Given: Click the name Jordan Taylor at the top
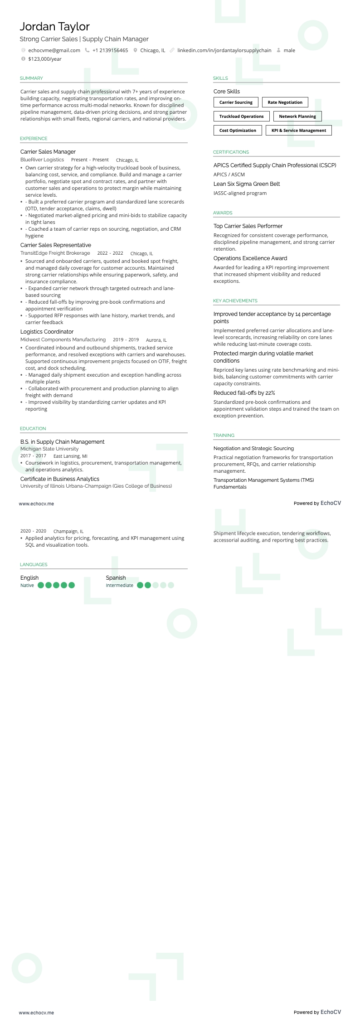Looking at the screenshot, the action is click(x=55, y=27).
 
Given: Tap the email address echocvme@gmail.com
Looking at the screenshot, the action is click(x=54, y=50).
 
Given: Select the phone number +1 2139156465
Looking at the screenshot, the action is click(x=110, y=50).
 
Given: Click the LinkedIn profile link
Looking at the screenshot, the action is click(x=224, y=50).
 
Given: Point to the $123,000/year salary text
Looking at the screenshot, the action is click(x=45, y=59).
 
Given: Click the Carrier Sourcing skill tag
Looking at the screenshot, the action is click(x=236, y=102).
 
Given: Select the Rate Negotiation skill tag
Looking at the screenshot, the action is click(x=285, y=102).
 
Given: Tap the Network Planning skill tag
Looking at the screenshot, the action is click(x=297, y=116).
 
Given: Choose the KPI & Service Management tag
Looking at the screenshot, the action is click(x=298, y=131).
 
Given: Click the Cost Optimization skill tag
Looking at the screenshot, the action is click(x=238, y=131).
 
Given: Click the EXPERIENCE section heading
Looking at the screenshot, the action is click(x=34, y=139).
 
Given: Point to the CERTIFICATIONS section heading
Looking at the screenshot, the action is click(x=231, y=152).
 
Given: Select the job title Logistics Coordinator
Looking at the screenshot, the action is click(x=47, y=332).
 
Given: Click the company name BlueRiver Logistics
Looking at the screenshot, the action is click(x=42, y=160).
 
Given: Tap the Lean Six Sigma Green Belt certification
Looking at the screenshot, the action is click(x=247, y=184).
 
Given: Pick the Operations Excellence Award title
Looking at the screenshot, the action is click(x=250, y=258).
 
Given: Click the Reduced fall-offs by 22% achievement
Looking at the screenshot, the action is click(x=244, y=393).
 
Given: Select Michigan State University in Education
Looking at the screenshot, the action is click(x=49, y=449).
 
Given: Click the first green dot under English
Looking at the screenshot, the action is click(x=41, y=585).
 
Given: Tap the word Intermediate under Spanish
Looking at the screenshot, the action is click(x=120, y=586).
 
